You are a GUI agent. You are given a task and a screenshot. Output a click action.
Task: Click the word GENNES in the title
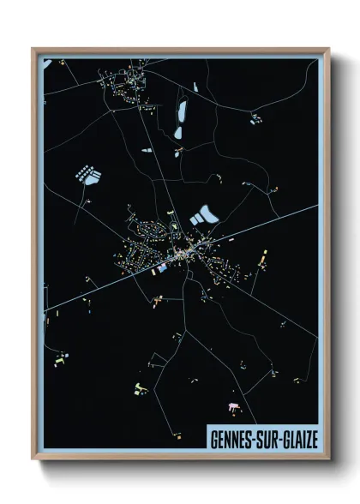click(231, 438)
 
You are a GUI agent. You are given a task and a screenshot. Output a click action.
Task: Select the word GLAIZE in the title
click(300, 438)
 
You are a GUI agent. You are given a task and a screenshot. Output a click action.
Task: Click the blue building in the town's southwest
click(160, 268)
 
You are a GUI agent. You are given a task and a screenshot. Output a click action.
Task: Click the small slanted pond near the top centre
click(195, 87)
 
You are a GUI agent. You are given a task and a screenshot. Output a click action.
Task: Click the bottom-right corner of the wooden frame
click(328, 458)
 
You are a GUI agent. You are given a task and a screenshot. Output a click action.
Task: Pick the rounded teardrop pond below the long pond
click(178, 133)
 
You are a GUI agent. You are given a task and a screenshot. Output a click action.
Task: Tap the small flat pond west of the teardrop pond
click(147, 151)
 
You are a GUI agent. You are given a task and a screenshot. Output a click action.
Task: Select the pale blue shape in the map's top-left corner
click(48, 63)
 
